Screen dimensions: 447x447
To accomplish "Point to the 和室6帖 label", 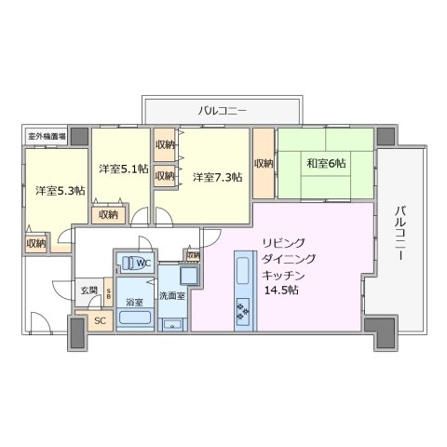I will tap(326, 163).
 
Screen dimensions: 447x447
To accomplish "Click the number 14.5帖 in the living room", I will tap(280, 290).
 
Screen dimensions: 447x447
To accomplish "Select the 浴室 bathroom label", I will tap(134, 302).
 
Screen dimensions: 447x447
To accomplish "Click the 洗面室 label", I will tap(171, 295).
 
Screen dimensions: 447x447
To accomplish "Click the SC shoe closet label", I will tap(101, 321).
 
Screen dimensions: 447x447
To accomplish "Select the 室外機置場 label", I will tap(46, 136).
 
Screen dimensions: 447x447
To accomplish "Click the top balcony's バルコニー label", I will tap(222, 111).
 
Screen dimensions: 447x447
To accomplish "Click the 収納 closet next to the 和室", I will tap(264, 164).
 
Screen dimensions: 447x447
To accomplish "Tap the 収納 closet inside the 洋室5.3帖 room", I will tap(36, 242).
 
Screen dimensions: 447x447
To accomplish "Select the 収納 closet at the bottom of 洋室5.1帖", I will tap(108, 215).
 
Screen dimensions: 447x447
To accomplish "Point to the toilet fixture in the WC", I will tap(131, 263).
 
